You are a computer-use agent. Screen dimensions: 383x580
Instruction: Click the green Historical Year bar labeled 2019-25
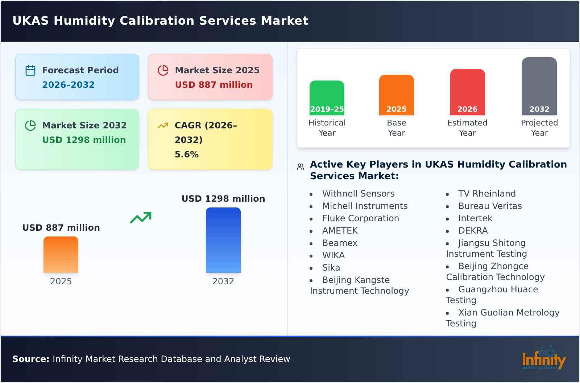pyautogui.click(x=327, y=98)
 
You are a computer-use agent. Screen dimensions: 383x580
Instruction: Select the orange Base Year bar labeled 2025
pyautogui.click(x=396, y=95)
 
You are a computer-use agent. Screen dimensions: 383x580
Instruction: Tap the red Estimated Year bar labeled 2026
pyautogui.click(x=467, y=92)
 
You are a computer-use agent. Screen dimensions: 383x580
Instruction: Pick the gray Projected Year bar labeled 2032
pyautogui.click(x=539, y=86)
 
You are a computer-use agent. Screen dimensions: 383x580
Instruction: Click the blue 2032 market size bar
pyautogui.click(x=223, y=240)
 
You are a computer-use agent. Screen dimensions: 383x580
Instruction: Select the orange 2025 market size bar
pyautogui.click(x=61, y=254)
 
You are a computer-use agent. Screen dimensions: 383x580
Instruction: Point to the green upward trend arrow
pyautogui.click(x=141, y=218)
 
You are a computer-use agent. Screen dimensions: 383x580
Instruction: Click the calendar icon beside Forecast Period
pyautogui.click(x=30, y=70)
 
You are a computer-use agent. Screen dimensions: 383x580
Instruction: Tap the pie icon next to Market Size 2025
pyautogui.click(x=163, y=70)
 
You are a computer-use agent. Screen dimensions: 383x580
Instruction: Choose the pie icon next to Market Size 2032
pyautogui.click(x=30, y=125)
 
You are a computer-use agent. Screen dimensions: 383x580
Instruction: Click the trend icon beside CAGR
pyautogui.click(x=163, y=125)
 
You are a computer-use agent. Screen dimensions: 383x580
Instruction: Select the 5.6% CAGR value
pyautogui.click(x=187, y=155)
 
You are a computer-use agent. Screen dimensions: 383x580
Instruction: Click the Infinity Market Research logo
pyautogui.click(x=544, y=358)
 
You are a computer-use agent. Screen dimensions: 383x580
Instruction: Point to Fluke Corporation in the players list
pyautogui.click(x=360, y=218)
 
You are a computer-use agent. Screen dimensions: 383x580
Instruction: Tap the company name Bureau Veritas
pyautogui.click(x=490, y=206)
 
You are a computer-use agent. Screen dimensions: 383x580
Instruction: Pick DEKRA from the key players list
pyautogui.click(x=473, y=231)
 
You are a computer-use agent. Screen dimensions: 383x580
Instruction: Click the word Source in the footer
pyautogui.click(x=30, y=359)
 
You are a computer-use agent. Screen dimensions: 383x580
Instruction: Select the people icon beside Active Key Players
pyautogui.click(x=300, y=167)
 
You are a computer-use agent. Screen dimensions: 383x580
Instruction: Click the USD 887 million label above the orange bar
pyautogui.click(x=61, y=228)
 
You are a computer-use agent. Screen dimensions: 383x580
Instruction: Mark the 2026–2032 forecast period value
pyautogui.click(x=68, y=85)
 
